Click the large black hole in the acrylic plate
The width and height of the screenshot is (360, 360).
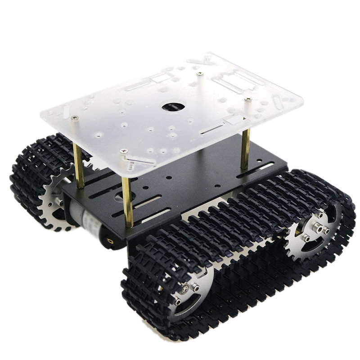point(173,107)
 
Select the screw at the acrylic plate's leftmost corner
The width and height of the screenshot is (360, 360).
point(74,117)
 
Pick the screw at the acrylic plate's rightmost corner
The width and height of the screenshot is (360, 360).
point(248,99)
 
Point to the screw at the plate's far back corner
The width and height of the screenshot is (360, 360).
point(199,73)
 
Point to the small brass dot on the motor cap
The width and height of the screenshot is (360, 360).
point(109,242)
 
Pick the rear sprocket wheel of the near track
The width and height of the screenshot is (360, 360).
point(315,232)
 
